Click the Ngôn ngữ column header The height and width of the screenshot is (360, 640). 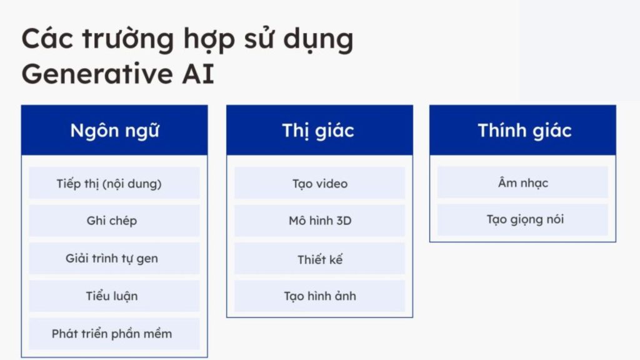point(114,130)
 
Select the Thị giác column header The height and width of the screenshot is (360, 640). point(319,130)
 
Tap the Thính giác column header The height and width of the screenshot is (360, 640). point(524,130)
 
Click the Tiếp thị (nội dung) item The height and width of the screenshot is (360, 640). point(114,183)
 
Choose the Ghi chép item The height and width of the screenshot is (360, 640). point(114,221)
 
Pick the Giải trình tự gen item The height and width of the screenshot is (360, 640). point(114,258)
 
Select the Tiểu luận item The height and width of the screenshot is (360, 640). point(114,296)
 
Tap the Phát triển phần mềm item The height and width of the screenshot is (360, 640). point(114,333)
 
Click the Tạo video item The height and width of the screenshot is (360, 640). point(319,183)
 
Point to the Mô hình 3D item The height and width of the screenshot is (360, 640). point(319,221)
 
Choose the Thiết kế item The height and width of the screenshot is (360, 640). point(319,259)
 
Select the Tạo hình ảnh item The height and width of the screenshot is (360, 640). point(319,296)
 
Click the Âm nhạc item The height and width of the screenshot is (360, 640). point(523,182)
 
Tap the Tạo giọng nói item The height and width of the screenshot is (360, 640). point(523,219)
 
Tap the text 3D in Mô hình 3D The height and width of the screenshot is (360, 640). point(341,221)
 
